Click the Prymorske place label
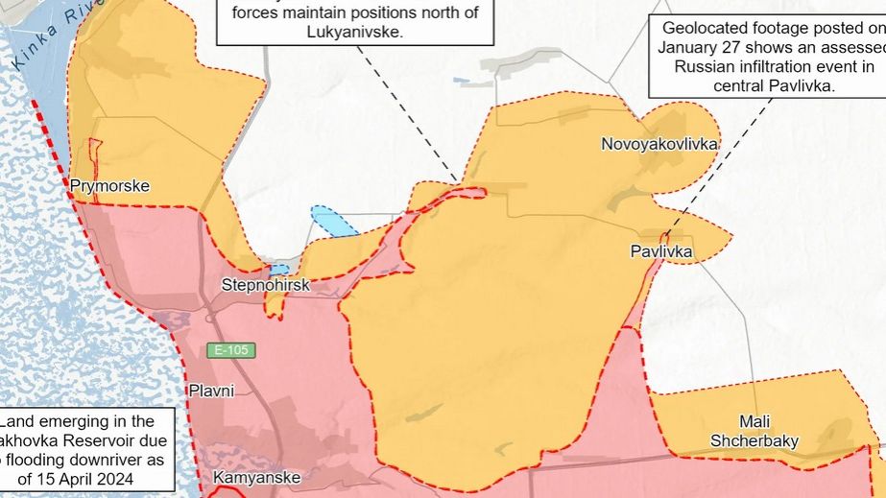pyautogui.click(x=110, y=186)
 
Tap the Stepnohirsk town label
pyautogui.click(x=266, y=285)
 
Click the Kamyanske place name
pyautogui.click(x=256, y=477)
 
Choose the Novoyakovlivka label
pyautogui.click(x=659, y=144)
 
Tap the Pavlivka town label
pyautogui.click(x=661, y=252)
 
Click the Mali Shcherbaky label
pyautogui.click(x=754, y=431)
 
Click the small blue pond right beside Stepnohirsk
pyautogui.click(x=279, y=271)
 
